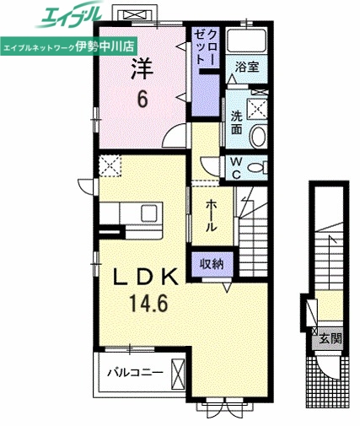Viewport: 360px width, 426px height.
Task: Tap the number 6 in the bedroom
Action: pos(142,100)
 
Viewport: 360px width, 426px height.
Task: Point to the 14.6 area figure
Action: pos(142,301)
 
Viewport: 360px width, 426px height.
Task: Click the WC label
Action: pos(236,165)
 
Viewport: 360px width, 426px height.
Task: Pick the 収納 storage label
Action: pos(212,263)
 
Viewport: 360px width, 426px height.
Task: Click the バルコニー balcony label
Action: pos(133,370)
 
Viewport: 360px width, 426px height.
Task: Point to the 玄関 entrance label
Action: pos(330,339)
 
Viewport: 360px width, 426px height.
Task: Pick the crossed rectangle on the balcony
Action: pos(178,372)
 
